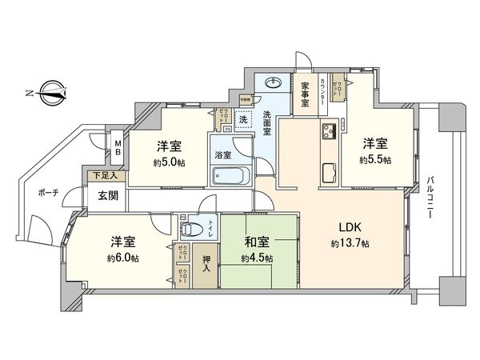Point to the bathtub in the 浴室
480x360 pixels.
[230, 176]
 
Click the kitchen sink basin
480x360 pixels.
[329, 171]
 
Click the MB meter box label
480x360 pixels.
[118, 148]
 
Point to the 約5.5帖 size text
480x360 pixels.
[374, 160]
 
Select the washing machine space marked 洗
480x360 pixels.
[242, 119]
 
